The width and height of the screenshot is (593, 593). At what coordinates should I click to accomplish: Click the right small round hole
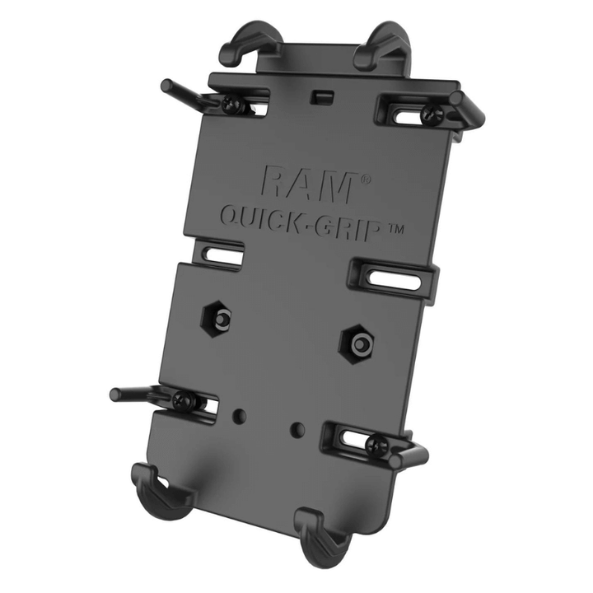(297, 428)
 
